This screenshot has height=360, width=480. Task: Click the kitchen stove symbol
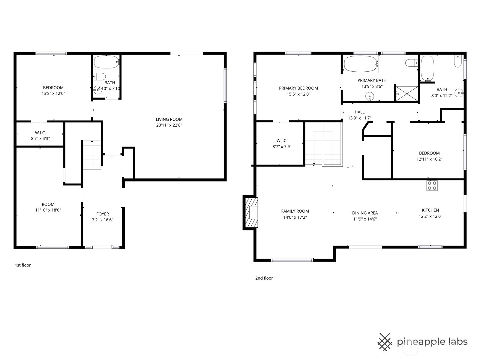(432, 185)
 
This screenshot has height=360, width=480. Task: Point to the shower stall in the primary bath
(406, 94)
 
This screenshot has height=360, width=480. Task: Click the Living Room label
(169, 119)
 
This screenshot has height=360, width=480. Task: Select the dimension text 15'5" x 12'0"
(298, 94)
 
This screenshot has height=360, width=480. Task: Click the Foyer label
(103, 214)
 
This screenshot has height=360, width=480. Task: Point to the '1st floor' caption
(23, 265)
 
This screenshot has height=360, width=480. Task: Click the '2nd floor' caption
(264, 278)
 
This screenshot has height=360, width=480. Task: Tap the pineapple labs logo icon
(385, 341)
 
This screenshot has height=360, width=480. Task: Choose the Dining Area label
(365, 213)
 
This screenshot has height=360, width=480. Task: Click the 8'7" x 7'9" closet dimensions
(282, 147)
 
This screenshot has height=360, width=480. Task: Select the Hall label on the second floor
(359, 112)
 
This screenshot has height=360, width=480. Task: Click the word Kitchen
(430, 210)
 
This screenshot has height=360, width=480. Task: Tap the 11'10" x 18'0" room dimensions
(48, 210)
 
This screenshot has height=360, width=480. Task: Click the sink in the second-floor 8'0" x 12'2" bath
(459, 93)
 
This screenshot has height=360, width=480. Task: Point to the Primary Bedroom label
(298, 88)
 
